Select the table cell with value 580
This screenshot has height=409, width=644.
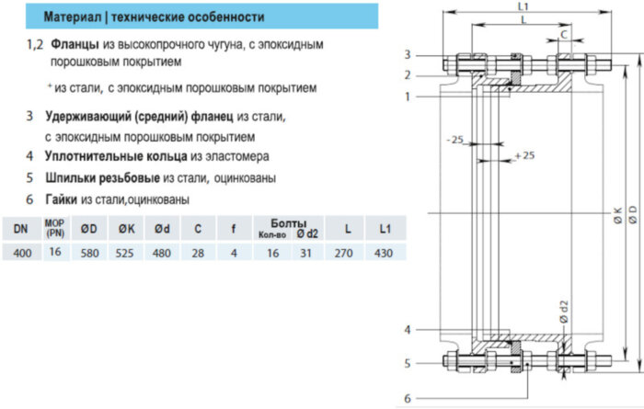pos(88,253)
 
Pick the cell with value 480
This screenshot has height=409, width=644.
pos(163,253)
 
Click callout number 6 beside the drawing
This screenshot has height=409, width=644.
pos(408,398)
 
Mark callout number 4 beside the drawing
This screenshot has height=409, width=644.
pos(408,329)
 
